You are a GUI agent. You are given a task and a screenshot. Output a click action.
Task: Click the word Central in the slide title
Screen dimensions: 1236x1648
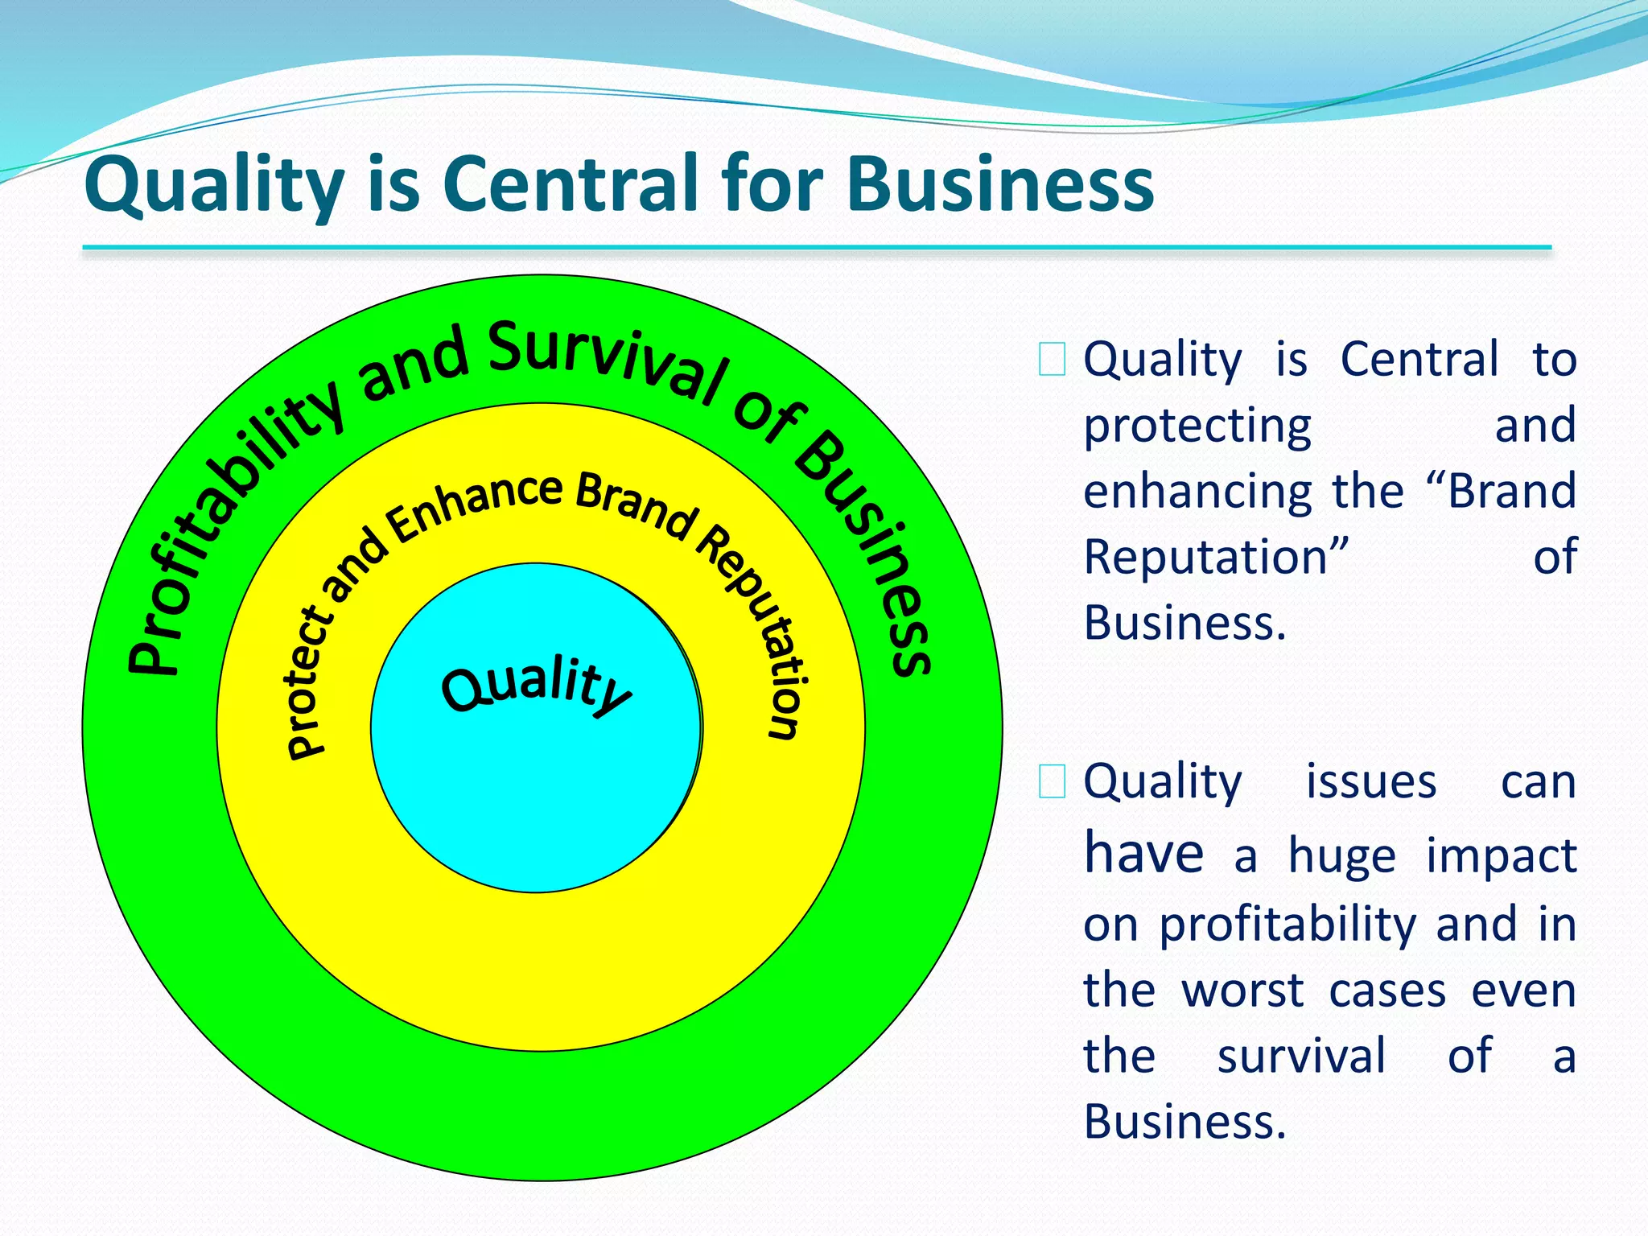coord(571,184)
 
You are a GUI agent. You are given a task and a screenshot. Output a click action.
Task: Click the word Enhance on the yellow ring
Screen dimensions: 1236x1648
coord(475,507)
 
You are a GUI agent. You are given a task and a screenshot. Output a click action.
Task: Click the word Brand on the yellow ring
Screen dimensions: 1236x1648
coord(636,504)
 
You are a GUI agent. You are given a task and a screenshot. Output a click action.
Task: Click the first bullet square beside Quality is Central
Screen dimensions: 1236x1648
coord(1052,360)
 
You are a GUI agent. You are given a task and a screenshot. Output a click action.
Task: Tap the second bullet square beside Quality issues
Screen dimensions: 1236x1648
coord(1052,781)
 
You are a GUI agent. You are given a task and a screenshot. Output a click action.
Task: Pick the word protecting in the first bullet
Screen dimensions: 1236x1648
coord(1197,426)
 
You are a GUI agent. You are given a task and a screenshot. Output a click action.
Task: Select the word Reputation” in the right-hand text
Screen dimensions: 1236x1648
coord(1215,557)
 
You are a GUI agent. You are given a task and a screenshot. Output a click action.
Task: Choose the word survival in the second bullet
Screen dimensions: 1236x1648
coord(1300,1056)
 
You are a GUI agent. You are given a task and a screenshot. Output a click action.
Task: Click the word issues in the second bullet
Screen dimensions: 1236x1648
coord(1370,781)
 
